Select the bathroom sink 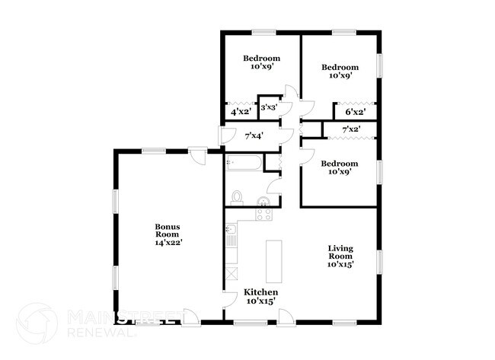(264, 202)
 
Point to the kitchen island (273, 261)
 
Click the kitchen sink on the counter (232, 240)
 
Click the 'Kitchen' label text (260, 293)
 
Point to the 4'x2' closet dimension (241, 111)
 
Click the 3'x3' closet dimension (269, 108)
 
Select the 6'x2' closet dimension (356, 111)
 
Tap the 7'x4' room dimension (254, 136)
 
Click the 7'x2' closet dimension (351, 129)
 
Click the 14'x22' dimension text (168, 243)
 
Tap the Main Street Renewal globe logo (37, 323)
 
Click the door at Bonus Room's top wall (197, 156)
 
